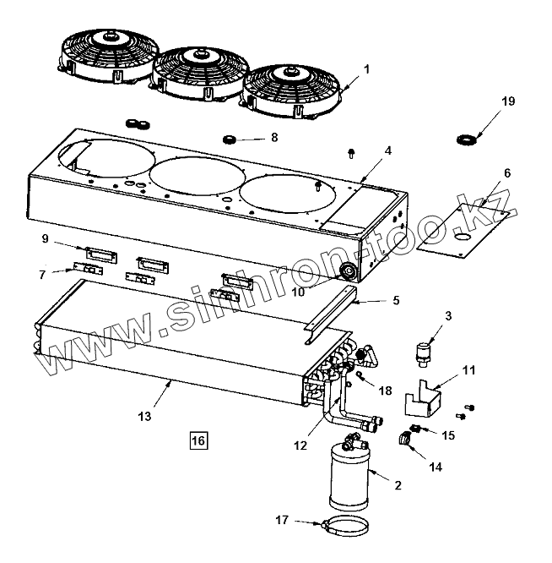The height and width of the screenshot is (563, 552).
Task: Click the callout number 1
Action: [366, 68]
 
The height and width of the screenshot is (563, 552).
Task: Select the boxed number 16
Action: [198, 440]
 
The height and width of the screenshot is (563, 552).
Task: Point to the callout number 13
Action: [144, 415]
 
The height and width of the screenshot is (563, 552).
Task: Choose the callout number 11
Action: [468, 370]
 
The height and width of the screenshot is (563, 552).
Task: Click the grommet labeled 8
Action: [227, 139]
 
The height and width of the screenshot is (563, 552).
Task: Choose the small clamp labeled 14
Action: [408, 438]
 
